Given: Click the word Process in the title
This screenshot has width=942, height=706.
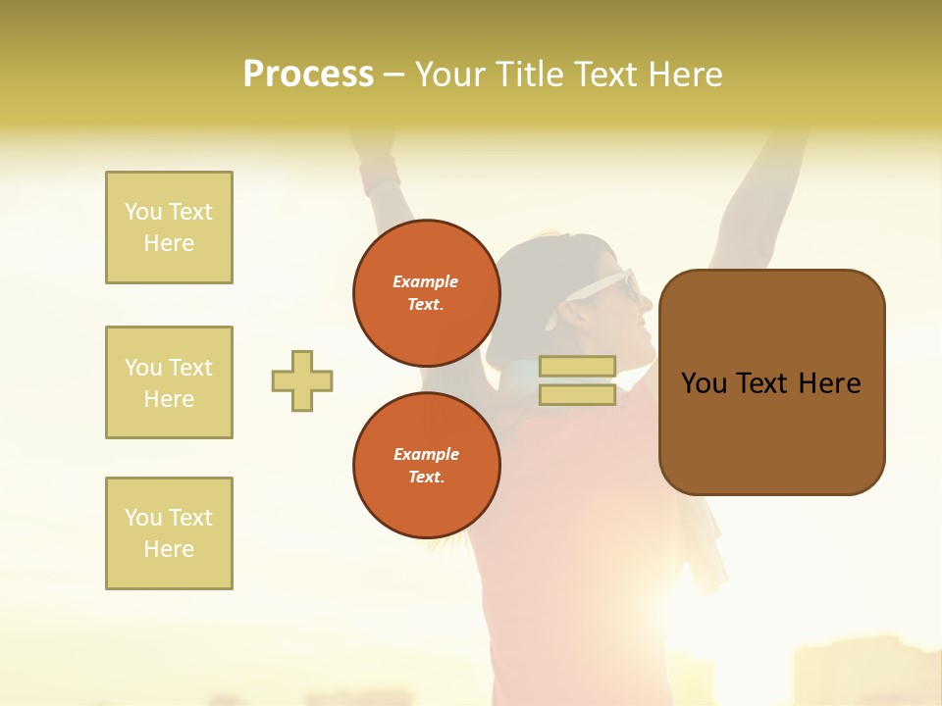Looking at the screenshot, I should (x=308, y=74).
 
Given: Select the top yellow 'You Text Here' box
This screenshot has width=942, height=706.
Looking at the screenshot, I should (x=169, y=227).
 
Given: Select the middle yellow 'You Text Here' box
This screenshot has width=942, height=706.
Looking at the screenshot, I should (x=169, y=382).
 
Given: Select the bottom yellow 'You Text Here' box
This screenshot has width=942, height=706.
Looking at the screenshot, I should (x=169, y=533).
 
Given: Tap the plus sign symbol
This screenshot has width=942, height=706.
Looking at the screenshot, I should (x=302, y=380).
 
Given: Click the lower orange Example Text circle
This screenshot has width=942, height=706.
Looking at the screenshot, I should (x=426, y=466).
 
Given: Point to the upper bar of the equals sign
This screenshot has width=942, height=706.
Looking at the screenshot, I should (x=577, y=367).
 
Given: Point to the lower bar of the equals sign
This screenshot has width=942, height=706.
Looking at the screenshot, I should (x=577, y=394).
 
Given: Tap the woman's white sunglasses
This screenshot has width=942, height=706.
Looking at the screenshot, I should (x=615, y=287).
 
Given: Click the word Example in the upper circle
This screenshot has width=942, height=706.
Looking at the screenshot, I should (x=426, y=281).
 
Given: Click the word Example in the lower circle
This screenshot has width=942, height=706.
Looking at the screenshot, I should (x=426, y=454).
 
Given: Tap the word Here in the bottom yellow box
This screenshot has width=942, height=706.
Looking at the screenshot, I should (x=169, y=549).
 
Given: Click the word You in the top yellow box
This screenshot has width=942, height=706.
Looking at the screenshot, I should (x=143, y=212).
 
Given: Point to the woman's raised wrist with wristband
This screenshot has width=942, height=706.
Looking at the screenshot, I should (x=379, y=176).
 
